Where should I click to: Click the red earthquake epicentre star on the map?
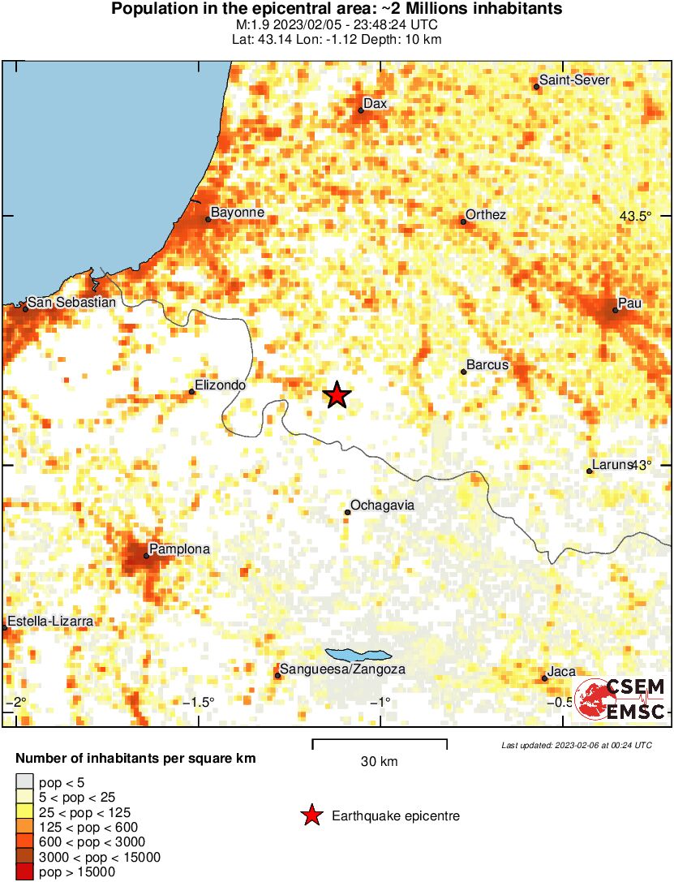[x=337, y=395]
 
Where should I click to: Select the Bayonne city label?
[x=238, y=213]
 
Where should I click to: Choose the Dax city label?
[x=375, y=104]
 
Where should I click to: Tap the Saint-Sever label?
[x=574, y=80]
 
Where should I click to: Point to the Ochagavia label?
[x=383, y=506]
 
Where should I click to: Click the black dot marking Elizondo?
[x=192, y=392]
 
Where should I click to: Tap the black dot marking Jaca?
[x=544, y=678]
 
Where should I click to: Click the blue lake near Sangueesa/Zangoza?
[x=358, y=655]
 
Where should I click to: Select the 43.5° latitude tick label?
[x=635, y=217]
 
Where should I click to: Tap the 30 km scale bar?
[x=380, y=741]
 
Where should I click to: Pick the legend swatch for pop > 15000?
[x=24, y=872]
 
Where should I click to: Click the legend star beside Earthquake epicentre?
[x=311, y=815]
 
